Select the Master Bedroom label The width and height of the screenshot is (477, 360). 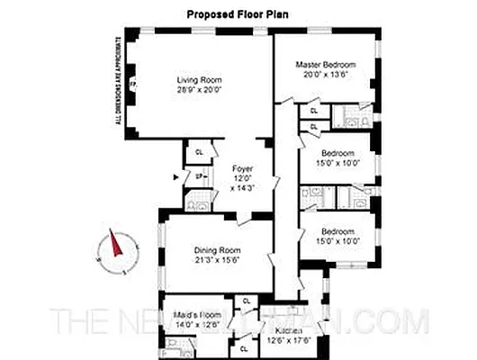click(x=326, y=66)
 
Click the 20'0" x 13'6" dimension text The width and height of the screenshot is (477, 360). click(x=326, y=75)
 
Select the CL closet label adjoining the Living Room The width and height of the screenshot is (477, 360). click(x=199, y=152)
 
